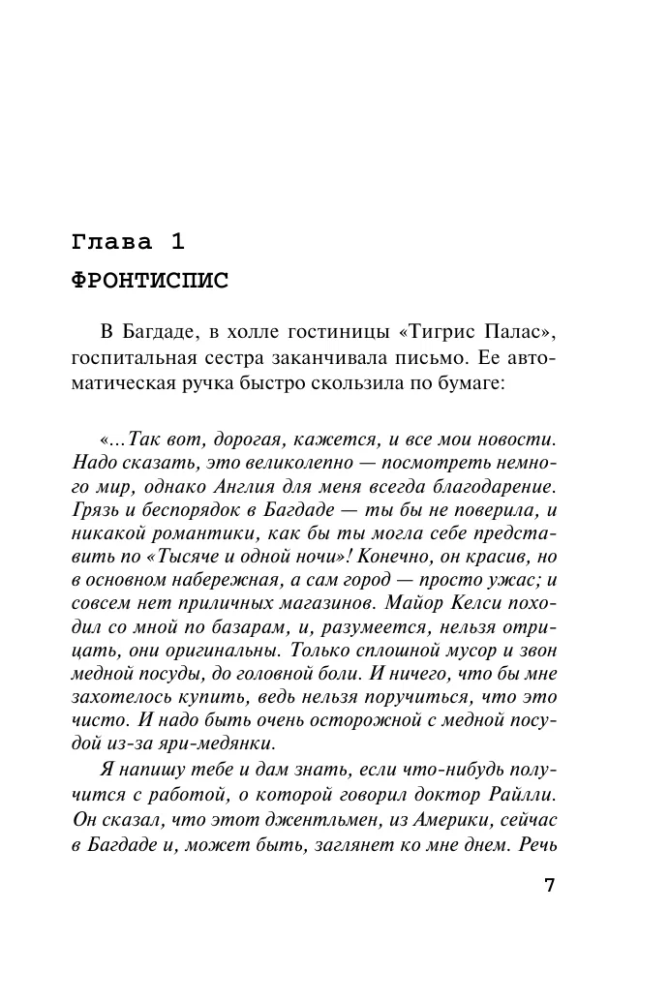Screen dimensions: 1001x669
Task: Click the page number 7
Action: click(x=549, y=888)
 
